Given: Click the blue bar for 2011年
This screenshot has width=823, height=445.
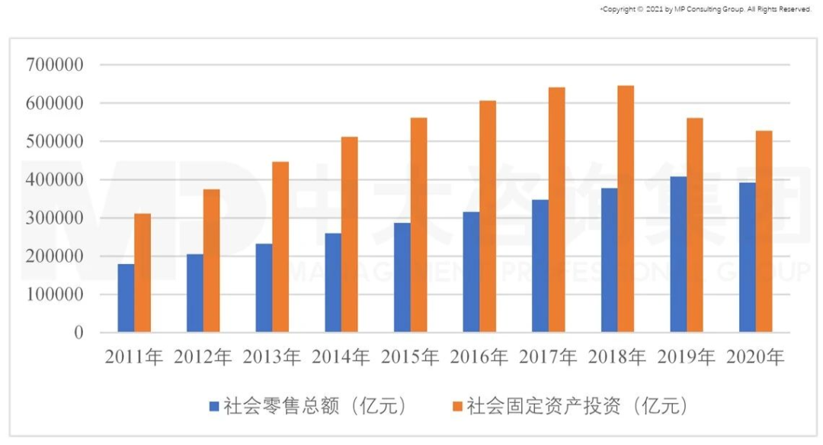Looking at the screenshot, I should click(x=126, y=298).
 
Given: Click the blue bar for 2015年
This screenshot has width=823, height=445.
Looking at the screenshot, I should click(x=402, y=277).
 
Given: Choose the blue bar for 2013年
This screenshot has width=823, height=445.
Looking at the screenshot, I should click(x=264, y=288).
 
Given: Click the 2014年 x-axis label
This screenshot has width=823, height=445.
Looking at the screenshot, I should click(x=341, y=357).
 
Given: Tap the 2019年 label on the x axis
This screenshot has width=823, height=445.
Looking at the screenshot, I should click(x=687, y=357).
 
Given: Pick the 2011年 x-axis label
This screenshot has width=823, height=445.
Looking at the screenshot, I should click(x=134, y=357).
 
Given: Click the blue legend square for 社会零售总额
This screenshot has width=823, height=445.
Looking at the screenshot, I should click(x=214, y=406).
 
